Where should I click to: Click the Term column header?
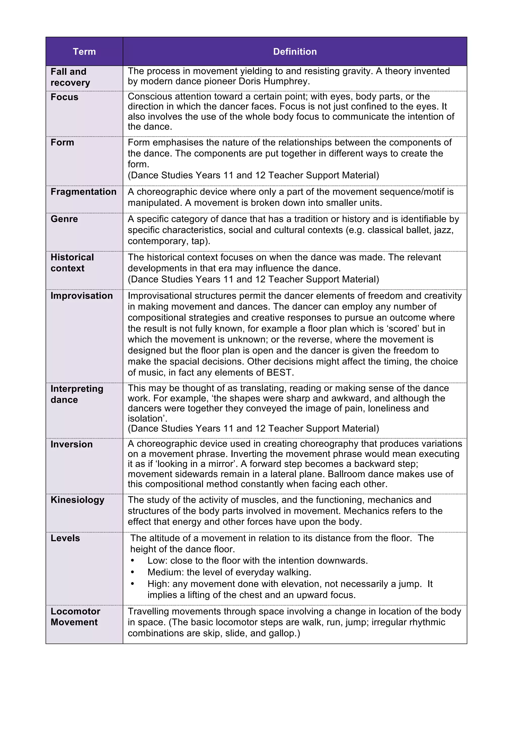point(84,51)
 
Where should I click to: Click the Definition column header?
point(295,51)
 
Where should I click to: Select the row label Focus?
point(64,97)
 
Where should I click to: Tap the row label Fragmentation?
point(83,192)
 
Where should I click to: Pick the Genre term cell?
point(64,219)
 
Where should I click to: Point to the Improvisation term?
point(81,296)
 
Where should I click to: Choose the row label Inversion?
point(72,444)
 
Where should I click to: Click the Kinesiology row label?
point(77,500)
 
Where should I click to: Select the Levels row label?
point(65,538)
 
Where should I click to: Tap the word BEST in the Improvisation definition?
point(279,372)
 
